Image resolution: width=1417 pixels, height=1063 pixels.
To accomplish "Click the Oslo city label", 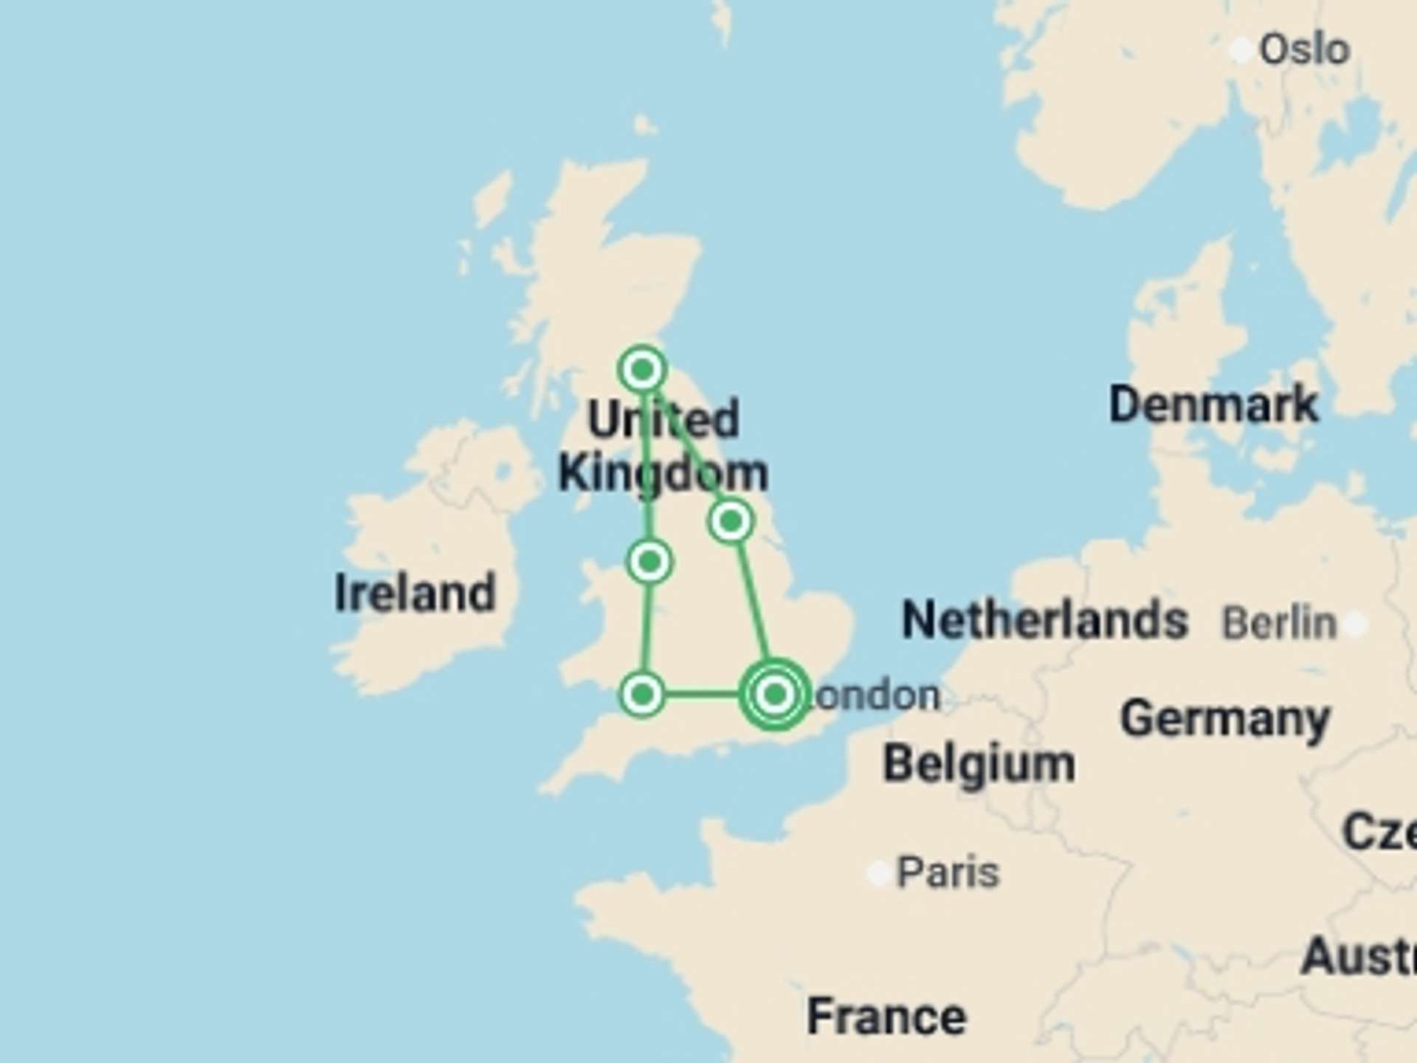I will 1304,50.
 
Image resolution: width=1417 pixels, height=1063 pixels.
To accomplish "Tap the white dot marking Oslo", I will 1241,50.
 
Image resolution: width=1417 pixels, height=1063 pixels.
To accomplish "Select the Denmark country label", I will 1213,405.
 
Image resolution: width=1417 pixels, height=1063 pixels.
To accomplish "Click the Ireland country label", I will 415,593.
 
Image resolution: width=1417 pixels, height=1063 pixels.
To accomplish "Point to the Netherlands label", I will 1044,620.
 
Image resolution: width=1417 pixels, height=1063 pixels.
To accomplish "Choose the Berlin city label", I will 1279,623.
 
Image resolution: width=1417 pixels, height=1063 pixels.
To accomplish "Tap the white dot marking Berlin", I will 1355,625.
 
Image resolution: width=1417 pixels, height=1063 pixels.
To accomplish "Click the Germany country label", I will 1225,719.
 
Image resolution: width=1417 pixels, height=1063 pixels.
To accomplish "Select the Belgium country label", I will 979,763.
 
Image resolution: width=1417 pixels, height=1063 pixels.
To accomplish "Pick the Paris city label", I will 948,873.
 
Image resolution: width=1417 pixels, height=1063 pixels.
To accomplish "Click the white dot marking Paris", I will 878,874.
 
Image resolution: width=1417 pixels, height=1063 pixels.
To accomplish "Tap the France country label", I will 886,1016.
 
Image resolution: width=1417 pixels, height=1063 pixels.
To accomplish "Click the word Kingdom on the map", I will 663,474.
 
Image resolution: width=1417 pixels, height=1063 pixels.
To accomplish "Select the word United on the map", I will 663,419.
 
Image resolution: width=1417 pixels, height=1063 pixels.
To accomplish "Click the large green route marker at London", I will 774,694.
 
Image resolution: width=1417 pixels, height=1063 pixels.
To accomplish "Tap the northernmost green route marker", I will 642,368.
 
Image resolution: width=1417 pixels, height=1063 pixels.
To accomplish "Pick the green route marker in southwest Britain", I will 642,694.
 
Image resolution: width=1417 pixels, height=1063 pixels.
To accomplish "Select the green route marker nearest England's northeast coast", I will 731,521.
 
